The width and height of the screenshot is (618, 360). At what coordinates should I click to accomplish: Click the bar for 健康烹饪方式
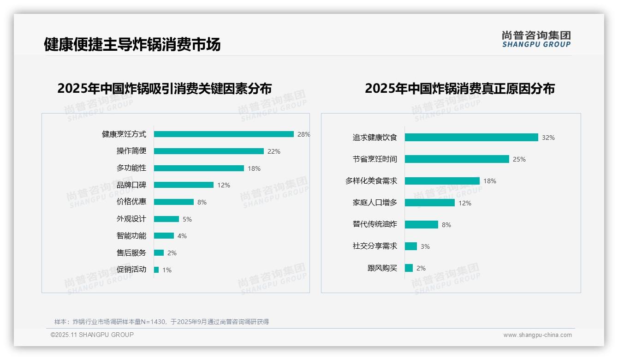(224, 134)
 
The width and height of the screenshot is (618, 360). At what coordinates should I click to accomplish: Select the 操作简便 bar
(208, 151)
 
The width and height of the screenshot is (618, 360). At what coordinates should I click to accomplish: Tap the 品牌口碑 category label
(131, 185)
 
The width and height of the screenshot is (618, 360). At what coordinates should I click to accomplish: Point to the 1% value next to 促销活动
(166, 270)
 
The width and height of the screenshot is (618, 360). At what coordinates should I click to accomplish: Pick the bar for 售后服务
(159, 253)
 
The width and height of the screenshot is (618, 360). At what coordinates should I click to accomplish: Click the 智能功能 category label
(131, 236)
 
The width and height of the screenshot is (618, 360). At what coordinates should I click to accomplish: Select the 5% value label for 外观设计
(187, 219)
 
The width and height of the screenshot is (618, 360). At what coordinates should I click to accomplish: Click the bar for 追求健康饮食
(471, 138)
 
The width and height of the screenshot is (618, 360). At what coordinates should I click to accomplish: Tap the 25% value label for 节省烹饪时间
(519, 159)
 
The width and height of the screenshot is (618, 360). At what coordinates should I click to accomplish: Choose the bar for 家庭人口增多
(429, 203)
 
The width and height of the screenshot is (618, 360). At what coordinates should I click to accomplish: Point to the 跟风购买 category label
(382, 268)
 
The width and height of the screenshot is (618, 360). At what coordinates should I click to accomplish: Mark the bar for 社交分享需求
(410, 246)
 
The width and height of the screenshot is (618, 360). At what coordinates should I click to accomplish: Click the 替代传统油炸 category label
(374, 224)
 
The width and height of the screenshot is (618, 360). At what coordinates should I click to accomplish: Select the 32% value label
(548, 138)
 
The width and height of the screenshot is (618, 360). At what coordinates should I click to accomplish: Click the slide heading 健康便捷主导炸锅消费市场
(132, 44)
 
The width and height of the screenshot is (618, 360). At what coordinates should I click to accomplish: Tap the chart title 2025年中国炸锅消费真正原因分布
(459, 89)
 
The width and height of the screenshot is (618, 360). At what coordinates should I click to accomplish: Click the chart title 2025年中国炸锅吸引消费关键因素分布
(164, 89)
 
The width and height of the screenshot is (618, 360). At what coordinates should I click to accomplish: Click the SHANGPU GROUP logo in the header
(536, 39)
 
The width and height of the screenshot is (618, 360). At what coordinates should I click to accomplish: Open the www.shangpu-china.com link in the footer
(537, 335)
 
